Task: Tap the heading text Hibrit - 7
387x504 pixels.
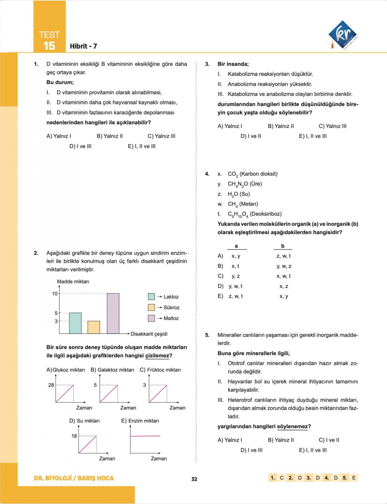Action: tap(83, 46)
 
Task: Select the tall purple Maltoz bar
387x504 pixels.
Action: tap(113, 313)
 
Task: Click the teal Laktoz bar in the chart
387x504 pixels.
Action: tap(75, 323)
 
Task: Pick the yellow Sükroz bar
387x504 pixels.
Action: tap(94, 327)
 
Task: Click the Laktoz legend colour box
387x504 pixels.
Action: tap(151, 297)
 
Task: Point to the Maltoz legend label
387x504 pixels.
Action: tap(171, 318)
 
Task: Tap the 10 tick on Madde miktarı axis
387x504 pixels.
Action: tap(55, 293)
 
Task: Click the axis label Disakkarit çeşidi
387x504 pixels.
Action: tap(149, 334)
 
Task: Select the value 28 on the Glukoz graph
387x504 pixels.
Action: tap(51, 385)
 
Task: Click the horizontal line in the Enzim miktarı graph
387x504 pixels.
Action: tap(145, 436)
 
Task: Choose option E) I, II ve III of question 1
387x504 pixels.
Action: tap(142, 146)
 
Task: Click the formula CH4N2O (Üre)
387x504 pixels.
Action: tap(245, 184)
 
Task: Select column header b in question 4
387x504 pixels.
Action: tap(283, 246)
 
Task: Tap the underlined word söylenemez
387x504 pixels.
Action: tap(292, 426)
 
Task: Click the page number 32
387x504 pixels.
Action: tap(194, 479)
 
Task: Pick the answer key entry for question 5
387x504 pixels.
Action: tap(349, 478)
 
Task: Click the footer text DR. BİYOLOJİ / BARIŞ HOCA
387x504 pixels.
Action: tap(74, 478)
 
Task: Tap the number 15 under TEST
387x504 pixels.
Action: tap(49, 46)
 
